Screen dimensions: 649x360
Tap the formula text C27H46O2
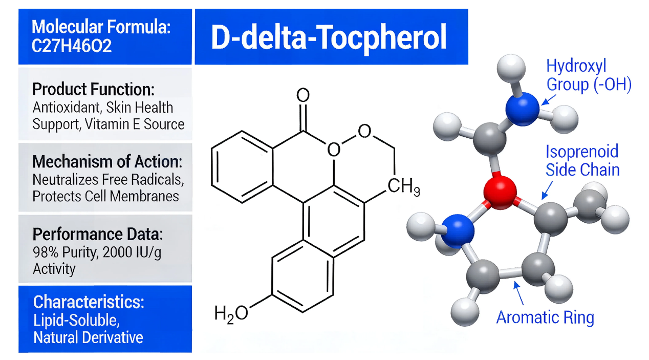[x=72, y=46]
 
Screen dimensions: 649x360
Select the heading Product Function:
[x=93, y=89]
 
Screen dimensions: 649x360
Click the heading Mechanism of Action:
[x=107, y=161]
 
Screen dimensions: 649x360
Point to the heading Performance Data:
[x=98, y=234]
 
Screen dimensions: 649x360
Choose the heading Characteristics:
[x=89, y=302]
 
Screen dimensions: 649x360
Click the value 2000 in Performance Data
[x=117, y=252]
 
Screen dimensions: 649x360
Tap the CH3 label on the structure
[x=404, y=186]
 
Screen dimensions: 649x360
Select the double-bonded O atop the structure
[x=303, y=95]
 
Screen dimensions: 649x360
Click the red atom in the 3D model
[x=500, y=192]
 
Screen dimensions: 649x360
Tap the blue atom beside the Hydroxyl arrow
[x=523, y=109]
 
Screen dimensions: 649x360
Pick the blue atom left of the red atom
[x=458, y=231]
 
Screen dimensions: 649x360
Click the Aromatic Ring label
[x=545, y=317]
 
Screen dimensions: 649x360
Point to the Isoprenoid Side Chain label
[x=582, y=160]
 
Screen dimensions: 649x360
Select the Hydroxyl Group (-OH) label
[x=589, y=75]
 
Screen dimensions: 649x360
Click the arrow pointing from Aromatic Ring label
[x=518, y=293]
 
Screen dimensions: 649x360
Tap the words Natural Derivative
[x=88, y=337]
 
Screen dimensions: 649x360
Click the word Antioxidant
[x=67, y=108]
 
